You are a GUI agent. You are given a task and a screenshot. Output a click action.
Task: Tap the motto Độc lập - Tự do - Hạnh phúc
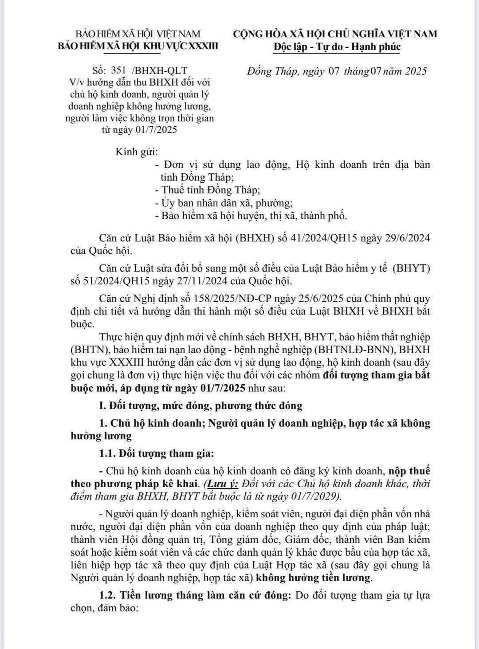click(x=337, y=47)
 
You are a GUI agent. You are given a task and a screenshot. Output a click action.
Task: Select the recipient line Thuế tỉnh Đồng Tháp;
click(x=207, y=190)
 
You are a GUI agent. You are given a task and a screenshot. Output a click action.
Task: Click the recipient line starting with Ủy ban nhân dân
click(x=224, y=203)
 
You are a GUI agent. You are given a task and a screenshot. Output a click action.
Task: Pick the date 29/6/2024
click(x=406, y=238)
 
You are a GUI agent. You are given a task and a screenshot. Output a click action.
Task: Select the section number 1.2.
click(x=108, y=594)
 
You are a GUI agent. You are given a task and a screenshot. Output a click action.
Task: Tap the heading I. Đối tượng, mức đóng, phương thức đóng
click(x=200, y=405)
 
